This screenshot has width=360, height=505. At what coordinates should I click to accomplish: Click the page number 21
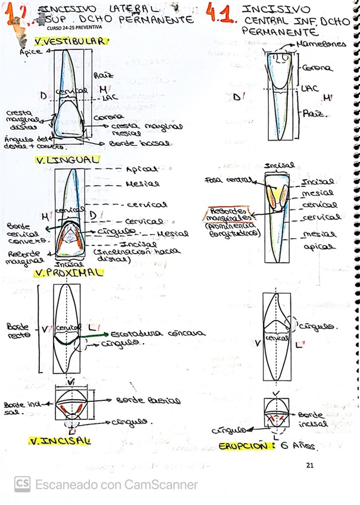pyautogui.click(x=309, y=465)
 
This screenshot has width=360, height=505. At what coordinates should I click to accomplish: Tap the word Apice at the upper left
pyautogui.click(x=30, y=51)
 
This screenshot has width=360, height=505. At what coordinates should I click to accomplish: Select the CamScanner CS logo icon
pyautogui.click(x=23, y=484)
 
